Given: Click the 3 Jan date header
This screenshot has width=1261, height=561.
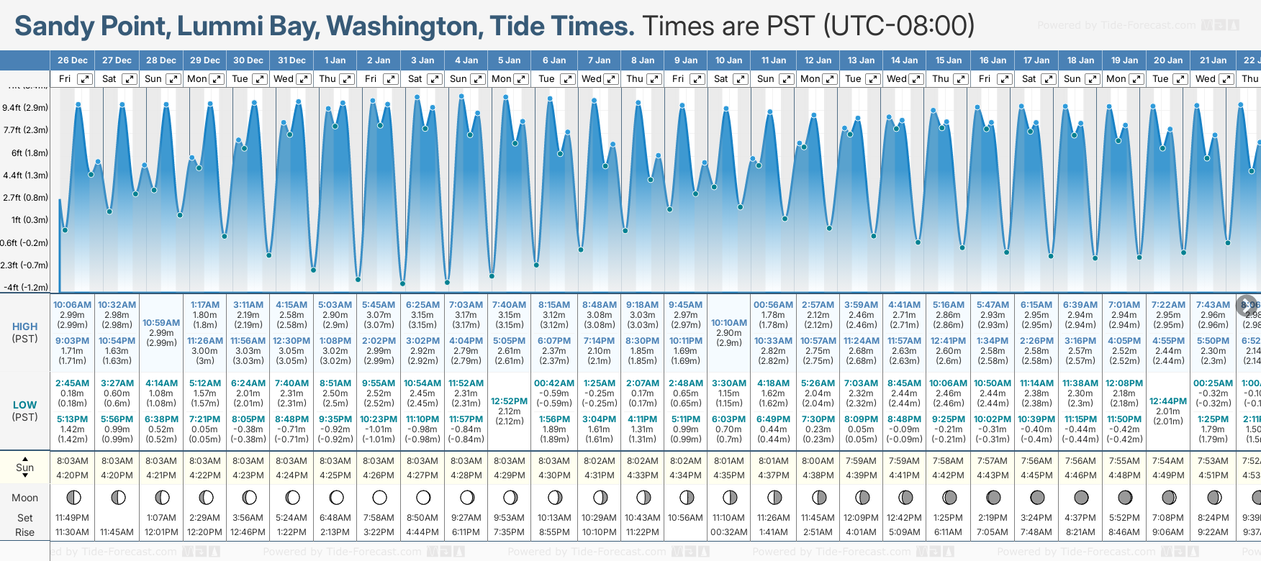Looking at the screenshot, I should click(x=422, y=60).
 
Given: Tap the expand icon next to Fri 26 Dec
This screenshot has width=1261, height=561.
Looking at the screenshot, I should click(x=85, y=79).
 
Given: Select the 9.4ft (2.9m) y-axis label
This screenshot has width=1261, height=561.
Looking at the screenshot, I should click(x=25, y=108).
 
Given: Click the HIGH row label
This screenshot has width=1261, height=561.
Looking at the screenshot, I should click(x=24, y=327).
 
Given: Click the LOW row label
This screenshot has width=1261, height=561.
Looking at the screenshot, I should click(x=24, y=405).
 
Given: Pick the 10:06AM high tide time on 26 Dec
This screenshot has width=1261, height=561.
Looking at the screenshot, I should click(x=72, y=305).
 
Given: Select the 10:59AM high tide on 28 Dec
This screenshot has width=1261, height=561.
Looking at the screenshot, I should click(x=161, y=323).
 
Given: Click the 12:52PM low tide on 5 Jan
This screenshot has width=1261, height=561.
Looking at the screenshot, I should click(x=509, y=401).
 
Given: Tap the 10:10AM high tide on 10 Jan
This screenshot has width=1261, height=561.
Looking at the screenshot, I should click(x=729, y=323).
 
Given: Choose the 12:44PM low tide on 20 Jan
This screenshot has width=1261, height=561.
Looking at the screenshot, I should click(x=1168, y=401).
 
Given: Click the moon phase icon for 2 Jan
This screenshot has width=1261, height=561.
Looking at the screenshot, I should click(x=379, y=497).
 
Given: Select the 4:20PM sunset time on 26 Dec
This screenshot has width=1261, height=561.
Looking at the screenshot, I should click(x=72, y=475).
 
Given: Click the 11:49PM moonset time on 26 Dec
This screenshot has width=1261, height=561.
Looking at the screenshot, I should click(x=72, y=518).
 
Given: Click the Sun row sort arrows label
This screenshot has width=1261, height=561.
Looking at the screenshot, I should click(x=24, y=467).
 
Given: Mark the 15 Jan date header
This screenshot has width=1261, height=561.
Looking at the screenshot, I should click(x=948, y=60).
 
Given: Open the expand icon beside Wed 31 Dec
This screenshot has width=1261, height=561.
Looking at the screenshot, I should click(x=304, y=79).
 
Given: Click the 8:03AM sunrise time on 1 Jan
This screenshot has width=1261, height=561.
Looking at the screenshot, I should click(x=335, y=461).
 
